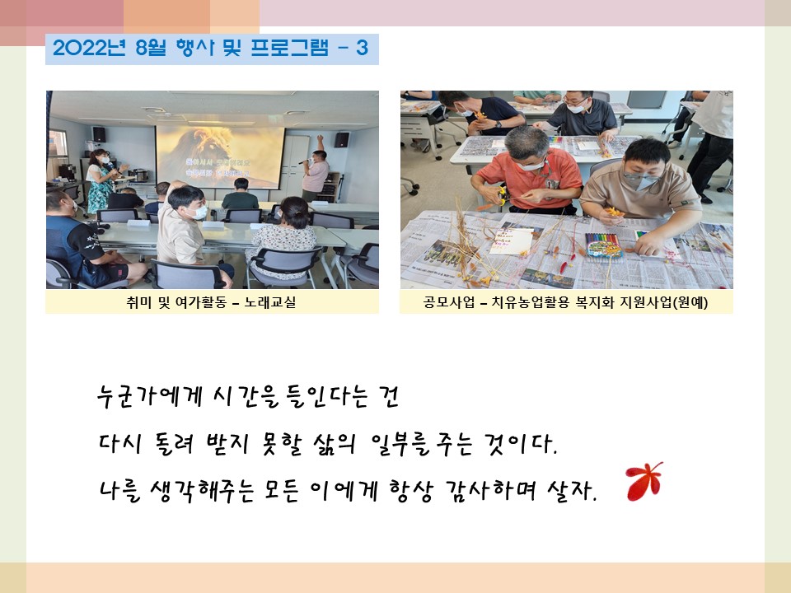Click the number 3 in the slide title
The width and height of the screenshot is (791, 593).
coord(362,49)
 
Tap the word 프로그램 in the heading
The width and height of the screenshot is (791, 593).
coord(289,48)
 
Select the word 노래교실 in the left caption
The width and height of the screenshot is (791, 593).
coord(270,302)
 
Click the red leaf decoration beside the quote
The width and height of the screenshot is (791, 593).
coord(644,481)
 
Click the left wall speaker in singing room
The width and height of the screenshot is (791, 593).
coord(99,134)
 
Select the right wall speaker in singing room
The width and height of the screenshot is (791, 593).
coord(341,140)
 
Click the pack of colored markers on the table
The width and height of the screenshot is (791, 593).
coord(603,245)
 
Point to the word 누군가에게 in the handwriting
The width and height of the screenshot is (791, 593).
coord(150,396)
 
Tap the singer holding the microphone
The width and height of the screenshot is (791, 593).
coord(316,169)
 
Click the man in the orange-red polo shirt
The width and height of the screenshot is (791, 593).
coord(527,170)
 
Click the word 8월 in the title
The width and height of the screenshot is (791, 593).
coord(151,48)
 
